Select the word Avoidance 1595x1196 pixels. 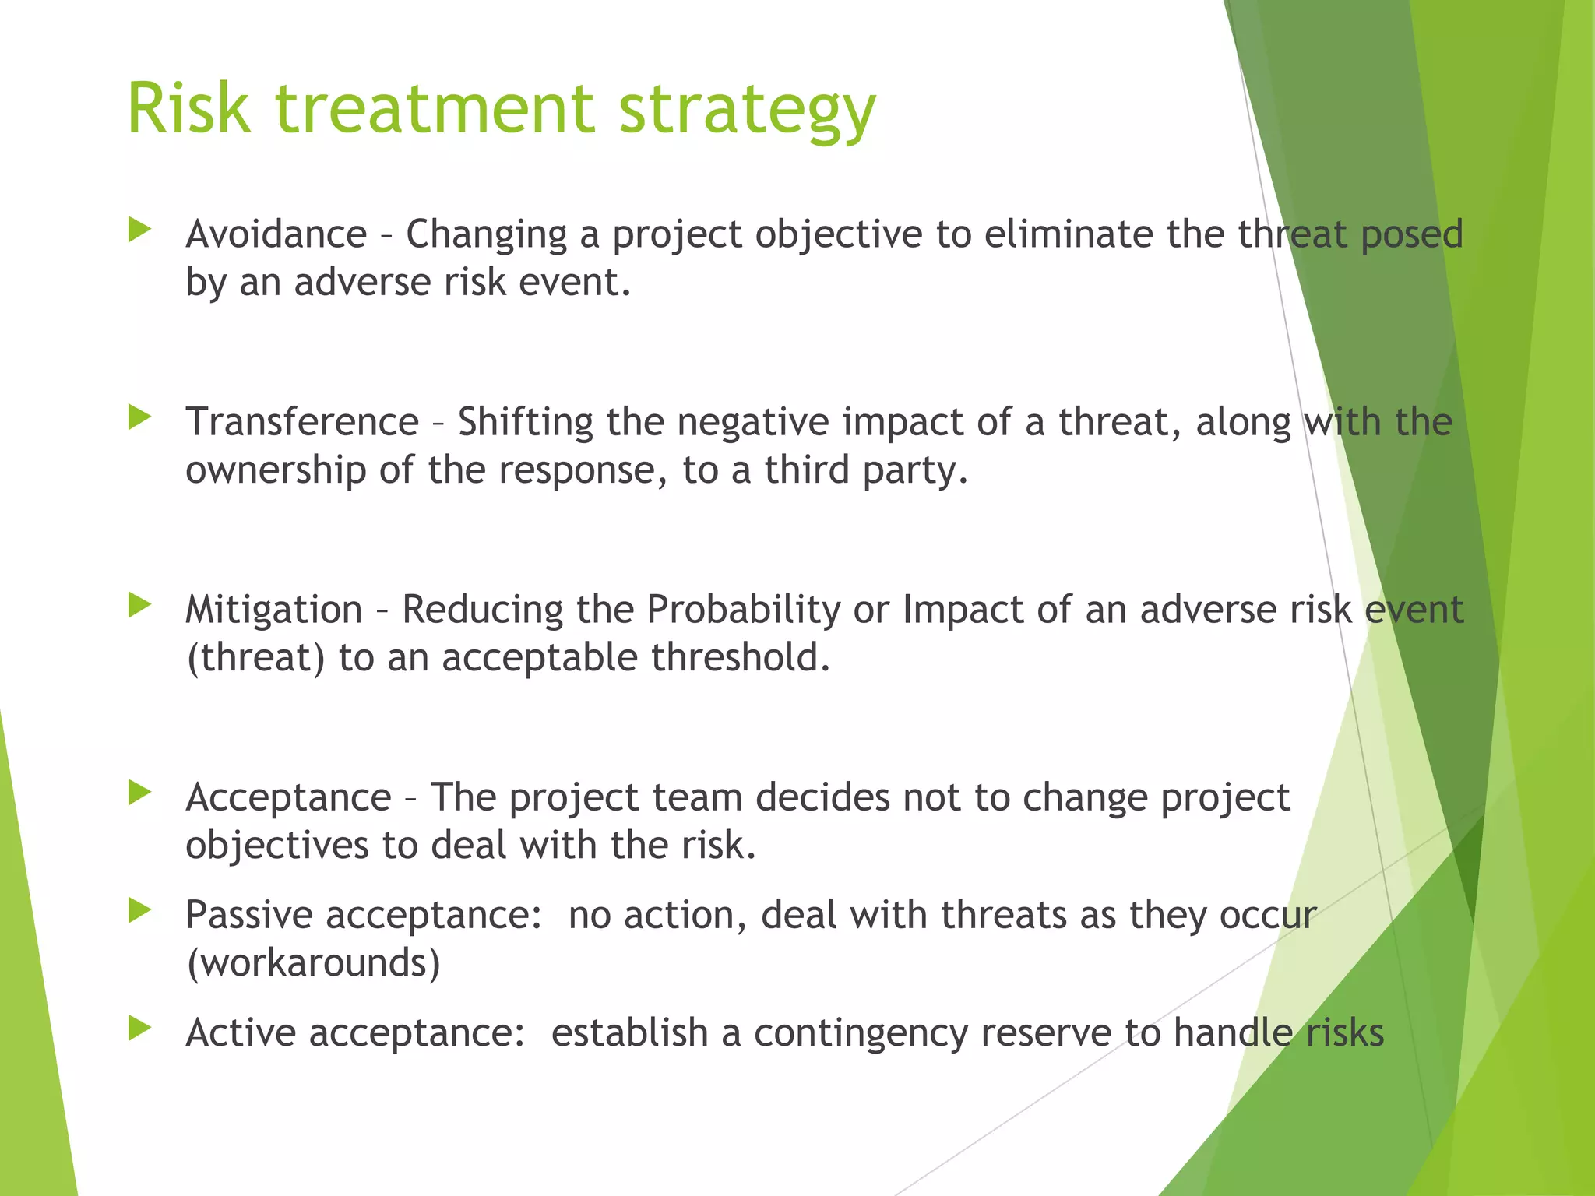tap(276, 234)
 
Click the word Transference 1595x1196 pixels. tap(302, 422)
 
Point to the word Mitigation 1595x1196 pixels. tap(274, 609)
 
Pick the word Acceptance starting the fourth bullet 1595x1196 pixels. tap(288, 797)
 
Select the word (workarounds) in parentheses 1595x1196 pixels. tap(313, 963)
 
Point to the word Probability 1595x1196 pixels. tap(743, 610)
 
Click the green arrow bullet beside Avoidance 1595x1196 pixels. tap(139, 230)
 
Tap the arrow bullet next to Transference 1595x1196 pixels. tap(139, 417)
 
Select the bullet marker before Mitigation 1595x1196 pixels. tap(139, 605)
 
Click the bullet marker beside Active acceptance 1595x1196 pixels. tap(139, 1029)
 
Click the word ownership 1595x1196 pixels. tap(276, 471)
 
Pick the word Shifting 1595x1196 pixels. tap(525, 423)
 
